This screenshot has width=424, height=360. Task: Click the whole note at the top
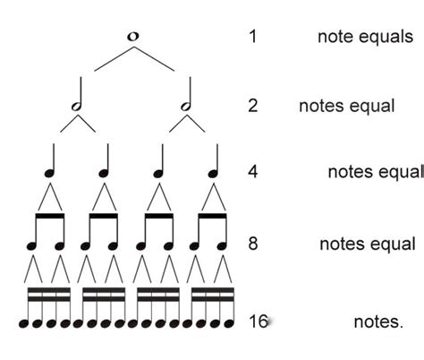click(133, 36)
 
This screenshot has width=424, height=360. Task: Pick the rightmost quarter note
click(215, 162)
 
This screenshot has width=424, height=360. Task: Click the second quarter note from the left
click(105, 162)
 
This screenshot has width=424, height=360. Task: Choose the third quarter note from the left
click(160, 162)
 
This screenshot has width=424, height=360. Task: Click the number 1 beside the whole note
click(253, 37)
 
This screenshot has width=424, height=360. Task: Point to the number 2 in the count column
click(253, 106)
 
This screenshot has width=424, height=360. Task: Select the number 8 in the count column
click(253, 244)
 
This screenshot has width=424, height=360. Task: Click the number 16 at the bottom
click(258, 321)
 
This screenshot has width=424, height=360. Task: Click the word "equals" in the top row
click(385, 37)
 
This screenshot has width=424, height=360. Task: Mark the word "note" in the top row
click(335, 37)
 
